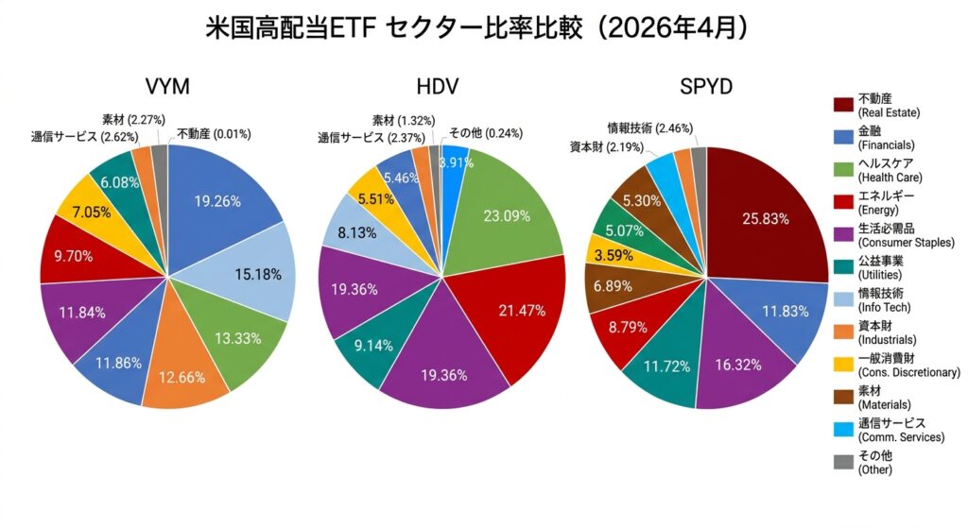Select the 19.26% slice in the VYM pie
pyautogui.click(x=217, y=200)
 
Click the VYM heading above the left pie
pyautogui.click(x=167, y=88)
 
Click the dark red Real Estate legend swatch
pyautogui.click(x=843, y=105)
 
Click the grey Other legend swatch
pyautogui.click(x=843, y=462)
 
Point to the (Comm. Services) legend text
pyautogui.click(x=901, y=436)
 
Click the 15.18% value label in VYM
pyautogui.click(x=257, y=274)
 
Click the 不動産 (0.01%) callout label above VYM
pyautogui.click(x=214, y=134)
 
